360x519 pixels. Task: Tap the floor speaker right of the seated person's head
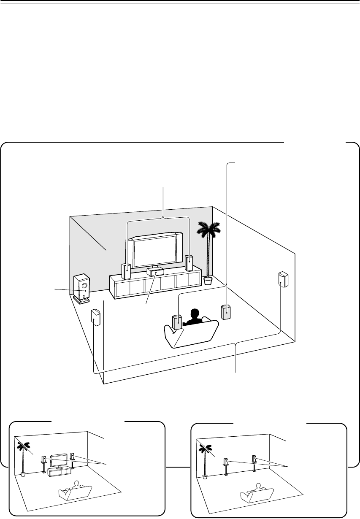(226, 312)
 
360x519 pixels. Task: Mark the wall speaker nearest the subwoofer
(95, 317)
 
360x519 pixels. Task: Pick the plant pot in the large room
(207, 281)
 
